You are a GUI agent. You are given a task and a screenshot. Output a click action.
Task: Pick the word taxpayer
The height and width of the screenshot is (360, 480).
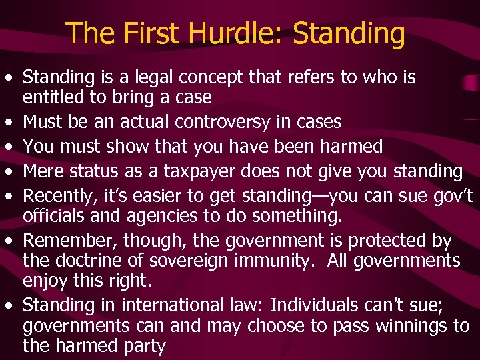point(193,171)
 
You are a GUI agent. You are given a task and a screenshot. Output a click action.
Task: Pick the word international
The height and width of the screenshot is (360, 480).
point(172,305)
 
